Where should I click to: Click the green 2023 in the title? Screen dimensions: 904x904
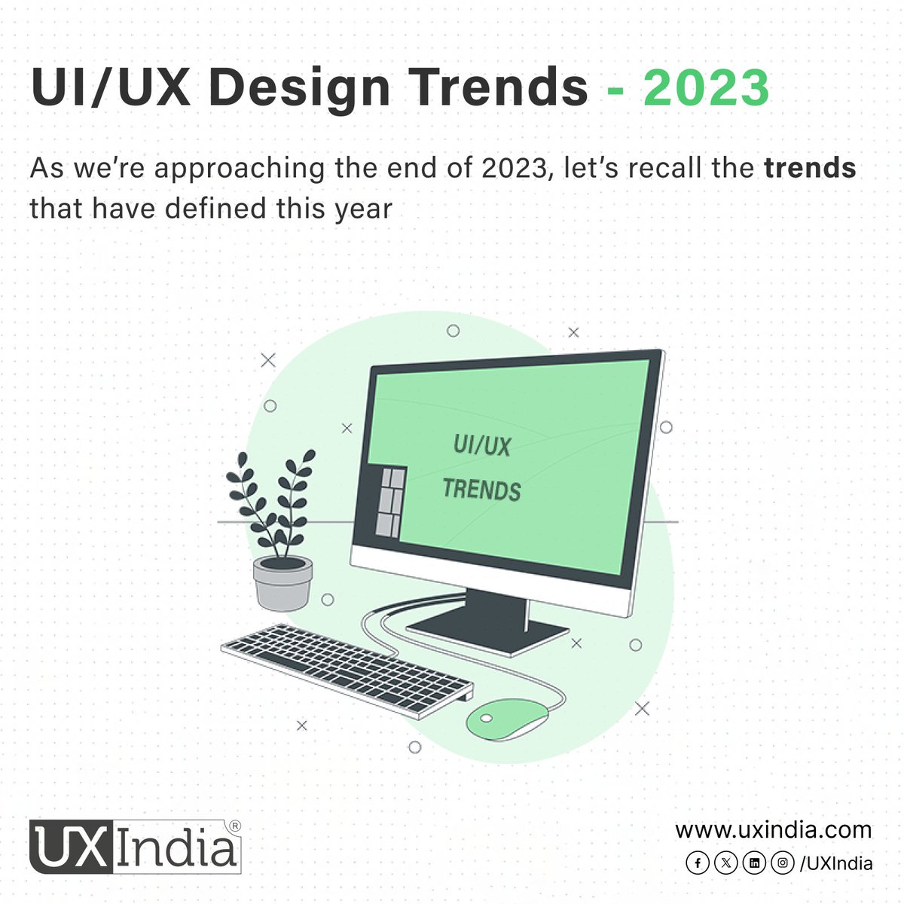(706, 88)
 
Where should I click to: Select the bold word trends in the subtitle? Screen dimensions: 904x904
(810, 168)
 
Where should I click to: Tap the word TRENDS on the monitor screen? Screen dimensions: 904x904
(482, 490)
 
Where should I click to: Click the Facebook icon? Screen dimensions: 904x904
(698, 863)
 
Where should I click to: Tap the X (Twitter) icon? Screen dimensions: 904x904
(725, 863)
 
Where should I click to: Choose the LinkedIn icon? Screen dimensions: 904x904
(754, 863)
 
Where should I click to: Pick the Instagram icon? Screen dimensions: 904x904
(783, 863)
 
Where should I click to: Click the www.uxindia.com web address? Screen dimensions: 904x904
(773, 830)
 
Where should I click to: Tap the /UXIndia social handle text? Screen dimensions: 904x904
(836, 863)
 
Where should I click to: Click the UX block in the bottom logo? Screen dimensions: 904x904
(71, 848)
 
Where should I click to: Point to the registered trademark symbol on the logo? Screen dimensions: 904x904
(234, 826)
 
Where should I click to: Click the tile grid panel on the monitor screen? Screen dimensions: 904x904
(390, 501)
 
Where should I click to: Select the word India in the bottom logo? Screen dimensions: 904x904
(177, 848)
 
